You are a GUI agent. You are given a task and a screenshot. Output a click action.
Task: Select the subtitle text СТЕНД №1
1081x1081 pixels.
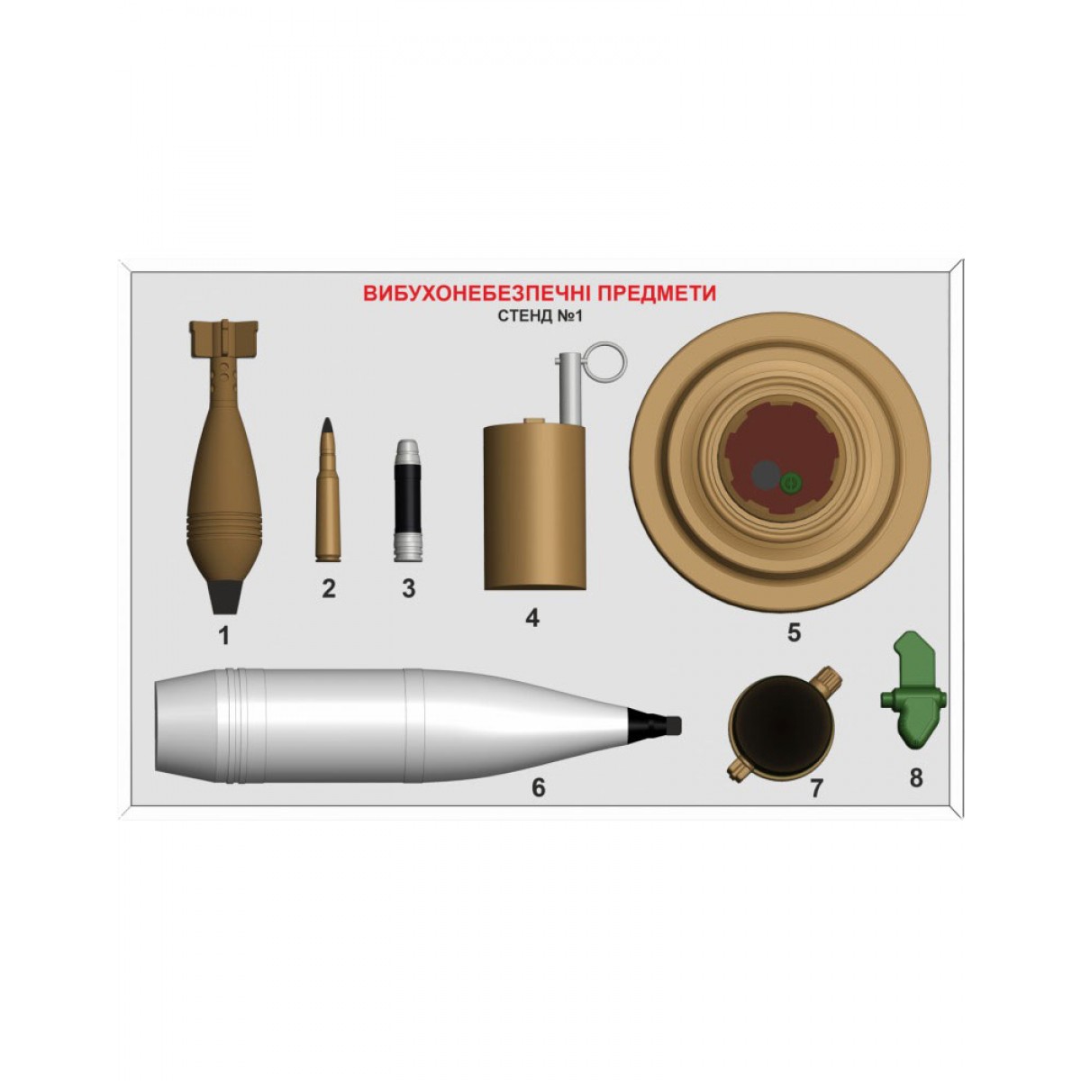pyautogui.click(x=540, y=316)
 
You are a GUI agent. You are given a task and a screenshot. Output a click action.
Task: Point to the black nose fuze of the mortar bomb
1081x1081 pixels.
pyautogui.click(x=224, y=596)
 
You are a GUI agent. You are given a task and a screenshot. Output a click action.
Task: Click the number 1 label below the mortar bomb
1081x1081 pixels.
pyautogui.click(x=224, y=636)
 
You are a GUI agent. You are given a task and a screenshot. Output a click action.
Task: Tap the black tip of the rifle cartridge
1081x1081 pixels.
pyautogui.click(x=327, y=425)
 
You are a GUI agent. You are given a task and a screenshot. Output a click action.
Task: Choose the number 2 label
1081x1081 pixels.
pyautogui.click(x=329, y=588)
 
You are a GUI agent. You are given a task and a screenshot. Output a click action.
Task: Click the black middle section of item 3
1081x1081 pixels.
pyautogui.click(x=408, y=486)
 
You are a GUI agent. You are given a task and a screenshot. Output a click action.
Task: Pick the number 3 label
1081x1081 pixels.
pyautogui.click(x=408, y=588)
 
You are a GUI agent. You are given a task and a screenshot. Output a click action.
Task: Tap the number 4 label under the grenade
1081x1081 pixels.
pyautogui.click(x=531, y=618)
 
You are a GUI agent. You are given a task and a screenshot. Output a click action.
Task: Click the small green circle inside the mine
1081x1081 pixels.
pyautogui.click(x=790, y=482)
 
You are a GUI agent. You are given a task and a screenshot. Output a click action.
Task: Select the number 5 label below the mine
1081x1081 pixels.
pyautogui.click(x=794, y=632)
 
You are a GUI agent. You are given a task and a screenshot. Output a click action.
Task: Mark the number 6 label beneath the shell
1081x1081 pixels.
pyautogui.click(x=538, y=788)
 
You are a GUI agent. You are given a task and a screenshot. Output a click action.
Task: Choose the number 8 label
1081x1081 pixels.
pyautogui.click(x=915, y=778)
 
